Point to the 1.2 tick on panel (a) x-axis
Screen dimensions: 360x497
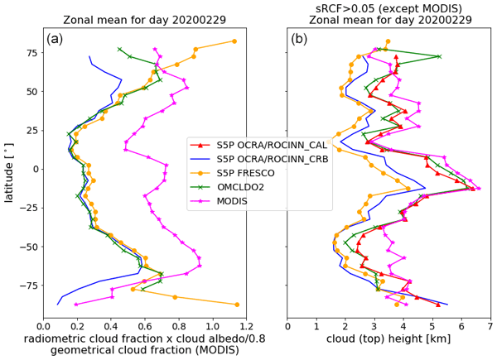click(x=248, y=327)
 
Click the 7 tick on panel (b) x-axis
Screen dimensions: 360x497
click(x=490, y=327)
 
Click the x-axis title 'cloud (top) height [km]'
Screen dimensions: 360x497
click(x=389, y=339)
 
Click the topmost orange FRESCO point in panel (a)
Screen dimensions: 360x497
click(x=234, y=41)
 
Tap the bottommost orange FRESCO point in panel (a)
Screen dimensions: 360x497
click(x=237, y=305)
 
